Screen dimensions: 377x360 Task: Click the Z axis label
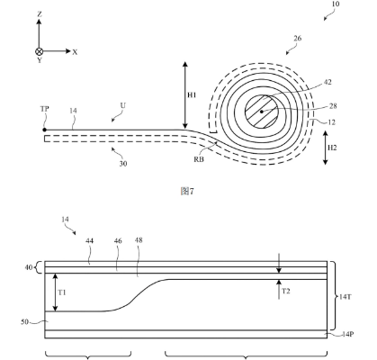coord(40,14)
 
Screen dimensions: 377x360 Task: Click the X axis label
coord(75,52)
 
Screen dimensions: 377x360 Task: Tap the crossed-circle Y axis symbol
coord(40,51)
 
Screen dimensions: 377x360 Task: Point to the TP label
coord(44,109)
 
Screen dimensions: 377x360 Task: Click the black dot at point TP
coord(44,130)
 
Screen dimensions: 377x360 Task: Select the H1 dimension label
coord(192,95)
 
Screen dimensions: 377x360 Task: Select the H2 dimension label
coord(332,148)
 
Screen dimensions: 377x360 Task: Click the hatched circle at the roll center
coord(262,112)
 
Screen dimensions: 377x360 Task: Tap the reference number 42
coord(328,82)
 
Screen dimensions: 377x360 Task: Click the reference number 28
coord(333,106)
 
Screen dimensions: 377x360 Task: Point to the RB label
coord(199,159)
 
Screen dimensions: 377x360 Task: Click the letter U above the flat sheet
coord(123,105)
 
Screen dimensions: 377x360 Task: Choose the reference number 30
coord(123,164)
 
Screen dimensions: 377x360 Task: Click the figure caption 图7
coord(187,191)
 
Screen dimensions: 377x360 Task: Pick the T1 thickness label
coord(62,292)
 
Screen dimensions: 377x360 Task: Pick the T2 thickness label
coord(286,291)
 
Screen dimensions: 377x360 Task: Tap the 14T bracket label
coord(346,297)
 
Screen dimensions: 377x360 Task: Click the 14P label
coord(347,334)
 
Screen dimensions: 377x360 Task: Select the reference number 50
coord(25,322)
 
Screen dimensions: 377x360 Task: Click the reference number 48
coord(139,240)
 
